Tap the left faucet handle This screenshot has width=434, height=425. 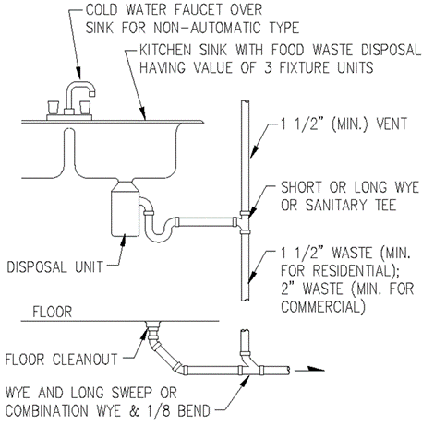[x=54, y=108]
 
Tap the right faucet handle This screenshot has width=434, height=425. [x=85, y=108]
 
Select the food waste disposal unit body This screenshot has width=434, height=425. [x=125, y=212]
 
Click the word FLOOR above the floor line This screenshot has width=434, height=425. [x=53, y=312]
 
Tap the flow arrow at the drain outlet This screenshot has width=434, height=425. [x=309, y=370]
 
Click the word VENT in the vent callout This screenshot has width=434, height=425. [x=392, y=124]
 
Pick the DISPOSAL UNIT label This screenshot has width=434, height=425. [x=55, y=266]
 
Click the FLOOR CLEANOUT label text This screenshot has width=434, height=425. [x=61, y=360]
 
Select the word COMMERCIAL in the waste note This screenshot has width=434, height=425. [x=322, y=307]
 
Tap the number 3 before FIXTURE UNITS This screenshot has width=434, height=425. [x=269, y=67]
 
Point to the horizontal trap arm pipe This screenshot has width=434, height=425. [x=206, y=221]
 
